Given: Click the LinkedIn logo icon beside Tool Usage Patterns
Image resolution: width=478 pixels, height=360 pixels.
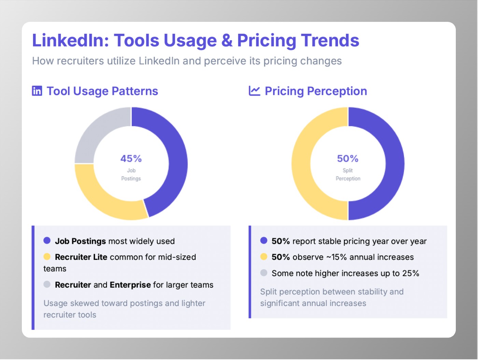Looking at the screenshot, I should [37, 91].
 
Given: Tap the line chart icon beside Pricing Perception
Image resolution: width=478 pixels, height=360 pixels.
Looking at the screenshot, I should [254, 91].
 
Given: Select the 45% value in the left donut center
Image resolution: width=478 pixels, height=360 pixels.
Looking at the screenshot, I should [131, 158].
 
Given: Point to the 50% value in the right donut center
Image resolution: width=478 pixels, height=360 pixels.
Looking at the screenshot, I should [348, 158].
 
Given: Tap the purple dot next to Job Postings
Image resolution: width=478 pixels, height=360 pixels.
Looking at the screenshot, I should [47, 240].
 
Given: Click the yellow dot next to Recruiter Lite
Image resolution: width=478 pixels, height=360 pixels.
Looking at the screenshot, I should [47, 257].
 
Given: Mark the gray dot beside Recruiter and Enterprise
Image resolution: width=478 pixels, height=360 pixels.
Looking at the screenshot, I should [47, 284].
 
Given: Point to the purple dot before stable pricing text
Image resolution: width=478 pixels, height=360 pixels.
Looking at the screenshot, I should [264, 240].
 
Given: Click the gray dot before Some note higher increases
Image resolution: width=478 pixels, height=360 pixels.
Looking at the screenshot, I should [264, 273].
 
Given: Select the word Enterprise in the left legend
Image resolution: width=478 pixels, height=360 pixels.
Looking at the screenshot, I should [130, 285].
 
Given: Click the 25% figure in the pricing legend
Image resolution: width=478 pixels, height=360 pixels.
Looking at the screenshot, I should [411, 273].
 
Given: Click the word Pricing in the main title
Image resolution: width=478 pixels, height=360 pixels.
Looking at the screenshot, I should [266, 40].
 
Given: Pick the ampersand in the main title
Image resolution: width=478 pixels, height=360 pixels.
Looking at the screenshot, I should [227, 40].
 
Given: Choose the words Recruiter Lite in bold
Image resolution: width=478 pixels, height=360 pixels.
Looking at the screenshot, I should [81, 257].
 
